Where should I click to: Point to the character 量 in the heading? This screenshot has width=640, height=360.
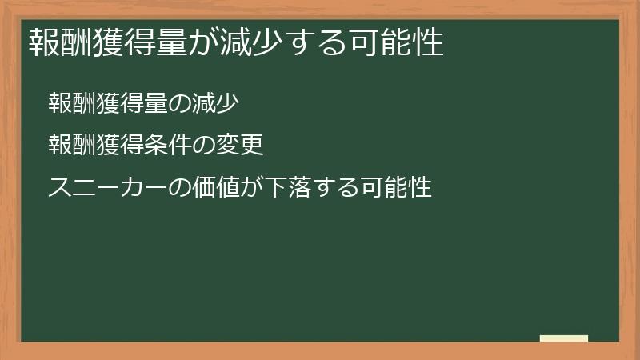point(171,42)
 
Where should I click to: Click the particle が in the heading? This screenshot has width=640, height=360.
point(204,42)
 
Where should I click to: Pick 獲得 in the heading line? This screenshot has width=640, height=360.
point(124,42)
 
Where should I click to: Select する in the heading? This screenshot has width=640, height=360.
point(317,42)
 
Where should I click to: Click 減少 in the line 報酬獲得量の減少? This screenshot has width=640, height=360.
point(215,103)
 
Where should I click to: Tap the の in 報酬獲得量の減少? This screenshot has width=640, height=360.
point(179,104)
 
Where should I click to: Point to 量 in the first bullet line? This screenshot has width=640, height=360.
point(156,103)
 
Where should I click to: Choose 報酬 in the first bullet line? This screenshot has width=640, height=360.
point(72,103)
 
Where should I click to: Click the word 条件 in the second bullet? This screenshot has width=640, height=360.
point(168,145)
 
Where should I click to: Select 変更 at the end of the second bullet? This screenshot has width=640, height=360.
point(239,145)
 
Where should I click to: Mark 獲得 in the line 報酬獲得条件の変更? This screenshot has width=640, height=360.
point(120,145)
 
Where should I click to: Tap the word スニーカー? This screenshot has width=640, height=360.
point(108,187)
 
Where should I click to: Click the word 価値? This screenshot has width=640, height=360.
point(216,187)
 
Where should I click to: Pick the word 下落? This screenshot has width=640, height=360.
point(288,187)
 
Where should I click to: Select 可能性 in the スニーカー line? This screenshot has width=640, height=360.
point(396,187)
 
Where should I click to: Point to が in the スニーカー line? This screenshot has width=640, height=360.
point(252,187)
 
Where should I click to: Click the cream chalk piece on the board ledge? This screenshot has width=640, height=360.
point(564,338)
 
